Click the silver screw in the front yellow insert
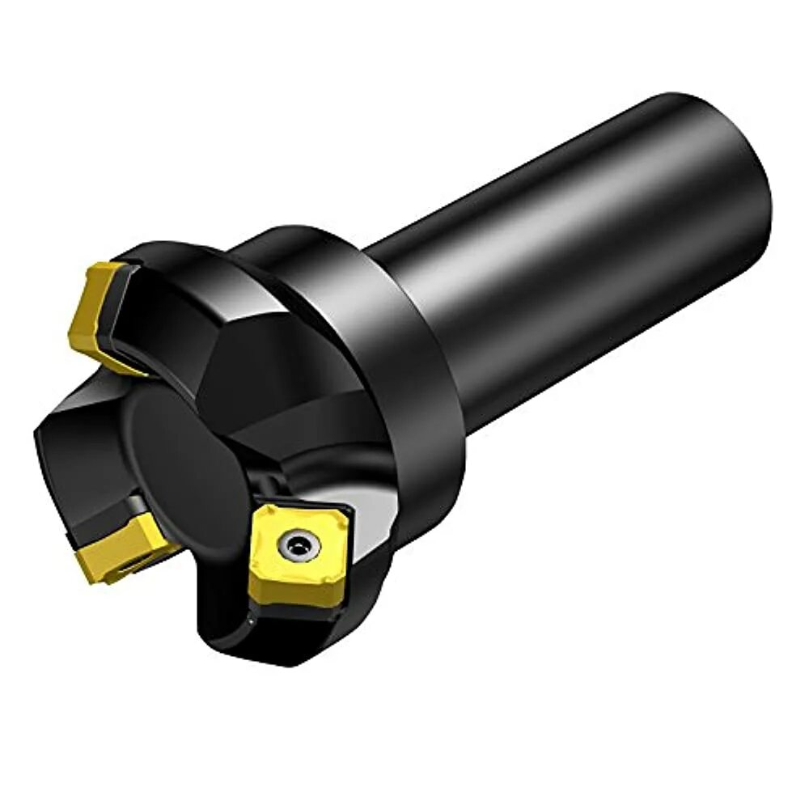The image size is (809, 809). [298, 547]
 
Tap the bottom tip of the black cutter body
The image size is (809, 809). [267, 659]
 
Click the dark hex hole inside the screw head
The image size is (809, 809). [298, 547]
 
